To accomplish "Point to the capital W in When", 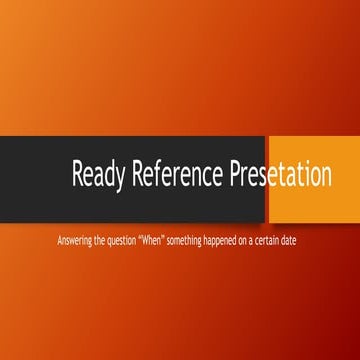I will click(x=150, y=241).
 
